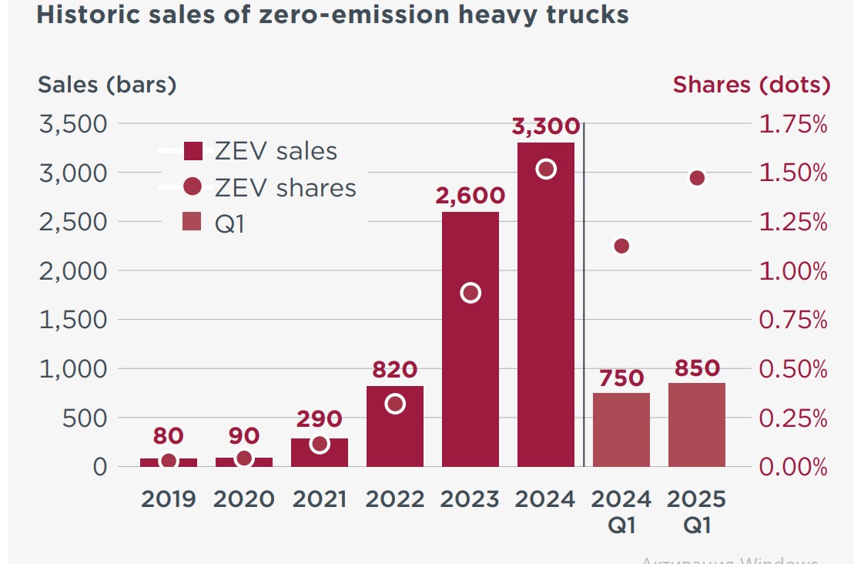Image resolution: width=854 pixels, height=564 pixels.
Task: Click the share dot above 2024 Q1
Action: point(621,247)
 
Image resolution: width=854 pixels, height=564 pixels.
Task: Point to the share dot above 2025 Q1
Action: point(697,178)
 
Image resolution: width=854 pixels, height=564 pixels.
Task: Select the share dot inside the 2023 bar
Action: point(471,293)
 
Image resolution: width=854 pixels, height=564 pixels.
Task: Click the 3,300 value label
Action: point(546,127)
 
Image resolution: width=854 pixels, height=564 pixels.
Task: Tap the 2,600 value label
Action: point(471,196)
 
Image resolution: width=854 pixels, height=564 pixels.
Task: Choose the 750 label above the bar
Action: point(621,378)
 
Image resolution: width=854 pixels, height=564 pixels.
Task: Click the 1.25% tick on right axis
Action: point(793,223)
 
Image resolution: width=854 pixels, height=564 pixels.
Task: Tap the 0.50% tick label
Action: point(793,369)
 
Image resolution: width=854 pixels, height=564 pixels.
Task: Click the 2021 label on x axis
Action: point(320,499)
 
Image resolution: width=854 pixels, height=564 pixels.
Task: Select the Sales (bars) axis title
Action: point(107,85)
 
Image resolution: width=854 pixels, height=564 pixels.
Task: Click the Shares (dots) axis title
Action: point(752,85)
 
